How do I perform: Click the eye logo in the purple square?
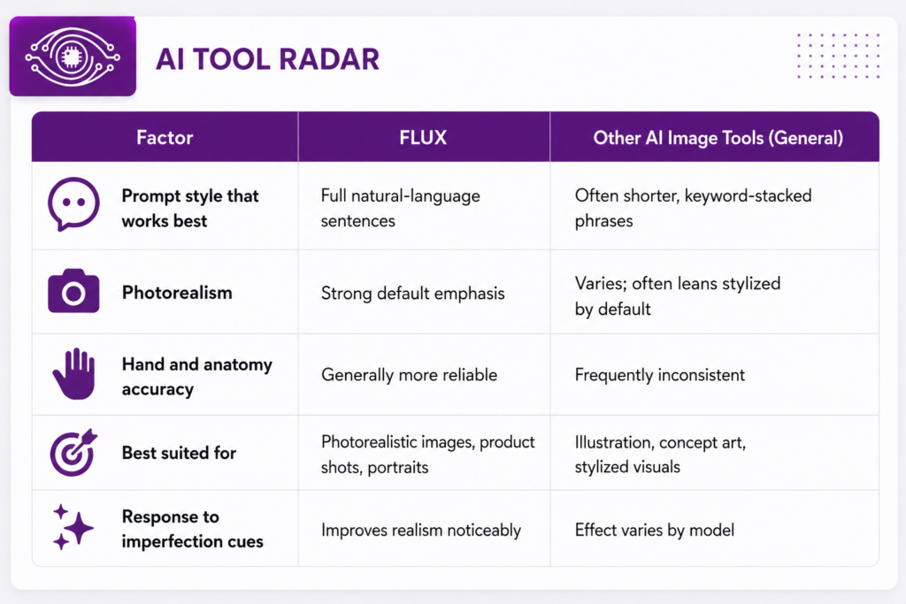point(73,57)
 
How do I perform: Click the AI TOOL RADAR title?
point(267,59)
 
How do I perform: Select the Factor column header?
point(165,137)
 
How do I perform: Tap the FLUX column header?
point(423,137)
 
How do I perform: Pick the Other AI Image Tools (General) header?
point(718,138)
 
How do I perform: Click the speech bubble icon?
point(73,203)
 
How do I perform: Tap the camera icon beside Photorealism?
point(73,291)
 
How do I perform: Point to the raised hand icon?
point(74,373)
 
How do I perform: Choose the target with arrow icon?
point(73,452)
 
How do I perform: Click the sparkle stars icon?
point(73,527)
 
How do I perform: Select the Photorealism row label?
point(177,293)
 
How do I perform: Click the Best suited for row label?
point(179,453)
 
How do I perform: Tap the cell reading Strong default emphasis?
point(412,294)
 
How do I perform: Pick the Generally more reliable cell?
point(409,375)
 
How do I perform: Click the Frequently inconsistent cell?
point(660,375)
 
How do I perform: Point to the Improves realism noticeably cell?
point(421,530)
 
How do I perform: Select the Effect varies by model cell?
point(655,530)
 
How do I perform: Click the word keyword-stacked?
point(749,195)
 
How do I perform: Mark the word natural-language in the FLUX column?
point(416,195)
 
